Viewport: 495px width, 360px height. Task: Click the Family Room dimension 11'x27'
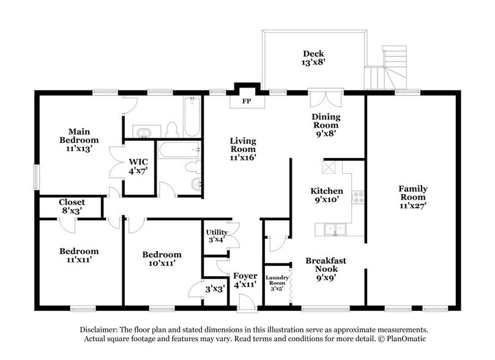tap(413, 198)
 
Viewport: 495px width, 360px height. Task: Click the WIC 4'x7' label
tap(138, 167)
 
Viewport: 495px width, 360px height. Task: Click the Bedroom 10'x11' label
tap(162, 260)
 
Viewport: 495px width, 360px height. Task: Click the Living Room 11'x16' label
tap(242, 149)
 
